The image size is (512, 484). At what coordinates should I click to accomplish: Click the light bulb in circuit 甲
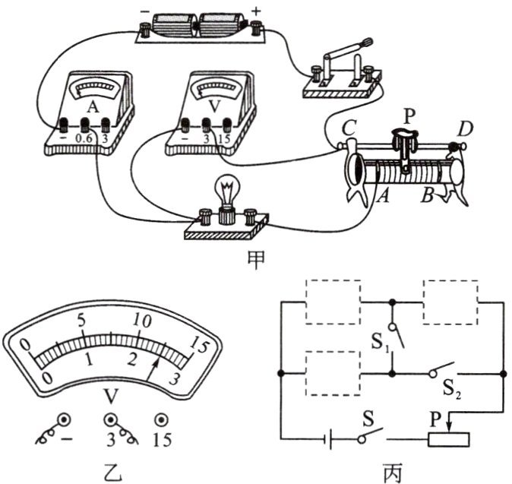click(x=227, y=196)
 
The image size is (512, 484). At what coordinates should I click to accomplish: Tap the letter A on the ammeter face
click(x=93, y=106)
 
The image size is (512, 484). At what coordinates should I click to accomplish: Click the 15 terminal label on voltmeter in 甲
click(x=224, y=139)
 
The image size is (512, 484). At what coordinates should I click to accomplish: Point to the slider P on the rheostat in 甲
click(x=405, y=144)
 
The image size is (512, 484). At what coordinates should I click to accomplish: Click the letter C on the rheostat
click(x=349, y=128)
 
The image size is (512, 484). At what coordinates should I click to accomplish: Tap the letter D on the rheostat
click(x=463, y=130)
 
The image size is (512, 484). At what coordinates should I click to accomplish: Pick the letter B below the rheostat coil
click(x=427, y=197)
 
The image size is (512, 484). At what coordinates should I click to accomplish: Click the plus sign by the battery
click(x=256, y=11)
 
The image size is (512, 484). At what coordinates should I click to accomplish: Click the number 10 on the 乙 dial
click(x=142, y=321)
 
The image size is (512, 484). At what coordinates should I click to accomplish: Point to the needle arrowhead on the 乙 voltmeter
click(x=158, y=361)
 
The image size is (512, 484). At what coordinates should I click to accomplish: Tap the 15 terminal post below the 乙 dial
click(x=161, y=420)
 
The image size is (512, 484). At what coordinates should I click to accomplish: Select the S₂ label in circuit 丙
click(x=452, y=389)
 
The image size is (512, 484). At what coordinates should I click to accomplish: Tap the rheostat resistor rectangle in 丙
click(x=449, y=440)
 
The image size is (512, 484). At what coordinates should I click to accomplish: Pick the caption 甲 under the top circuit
click(x=256, y=260)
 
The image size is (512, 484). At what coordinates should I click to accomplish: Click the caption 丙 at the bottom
click(x=392, y=472)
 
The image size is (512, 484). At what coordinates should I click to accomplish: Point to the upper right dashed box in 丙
click(x=451, y=280)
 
